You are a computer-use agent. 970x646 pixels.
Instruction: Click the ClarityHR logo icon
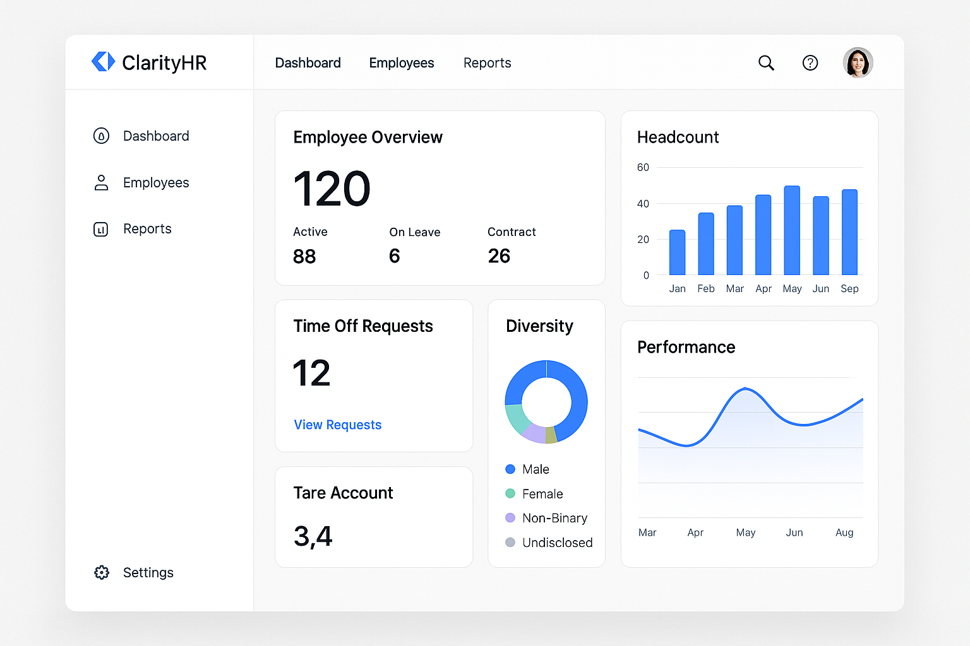(103, 62)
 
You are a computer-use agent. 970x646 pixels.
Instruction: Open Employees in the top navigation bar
(402, 63)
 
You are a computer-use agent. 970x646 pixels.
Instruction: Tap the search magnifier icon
(766, 63)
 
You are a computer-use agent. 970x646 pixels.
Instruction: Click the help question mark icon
(810, 63)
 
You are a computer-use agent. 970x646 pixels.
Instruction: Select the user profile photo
(858, 62)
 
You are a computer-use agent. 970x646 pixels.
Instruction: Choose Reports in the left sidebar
(147, 229)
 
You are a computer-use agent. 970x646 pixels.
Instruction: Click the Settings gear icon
(102, 572)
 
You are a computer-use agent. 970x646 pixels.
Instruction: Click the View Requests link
(338, 425)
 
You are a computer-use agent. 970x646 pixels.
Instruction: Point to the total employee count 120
(332, 189)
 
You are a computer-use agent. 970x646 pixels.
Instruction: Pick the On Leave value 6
(395, 256)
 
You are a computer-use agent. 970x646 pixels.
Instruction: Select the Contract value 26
(499, 256)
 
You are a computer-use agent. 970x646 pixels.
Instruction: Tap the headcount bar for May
(792, 230)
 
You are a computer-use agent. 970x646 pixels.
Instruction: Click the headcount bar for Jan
(677, 252)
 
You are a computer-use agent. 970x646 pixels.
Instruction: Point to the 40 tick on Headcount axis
(643, 204)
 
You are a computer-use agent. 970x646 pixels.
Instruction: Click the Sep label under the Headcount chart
(849, 289)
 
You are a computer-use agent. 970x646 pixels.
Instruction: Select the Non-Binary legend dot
(510, 518)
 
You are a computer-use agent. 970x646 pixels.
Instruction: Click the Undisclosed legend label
(557, 543)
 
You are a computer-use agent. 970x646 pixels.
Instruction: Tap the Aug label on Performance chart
(844, 532)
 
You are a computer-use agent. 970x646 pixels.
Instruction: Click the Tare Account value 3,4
(313, 537)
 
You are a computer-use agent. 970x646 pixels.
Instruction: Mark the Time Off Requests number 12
(312, 373)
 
